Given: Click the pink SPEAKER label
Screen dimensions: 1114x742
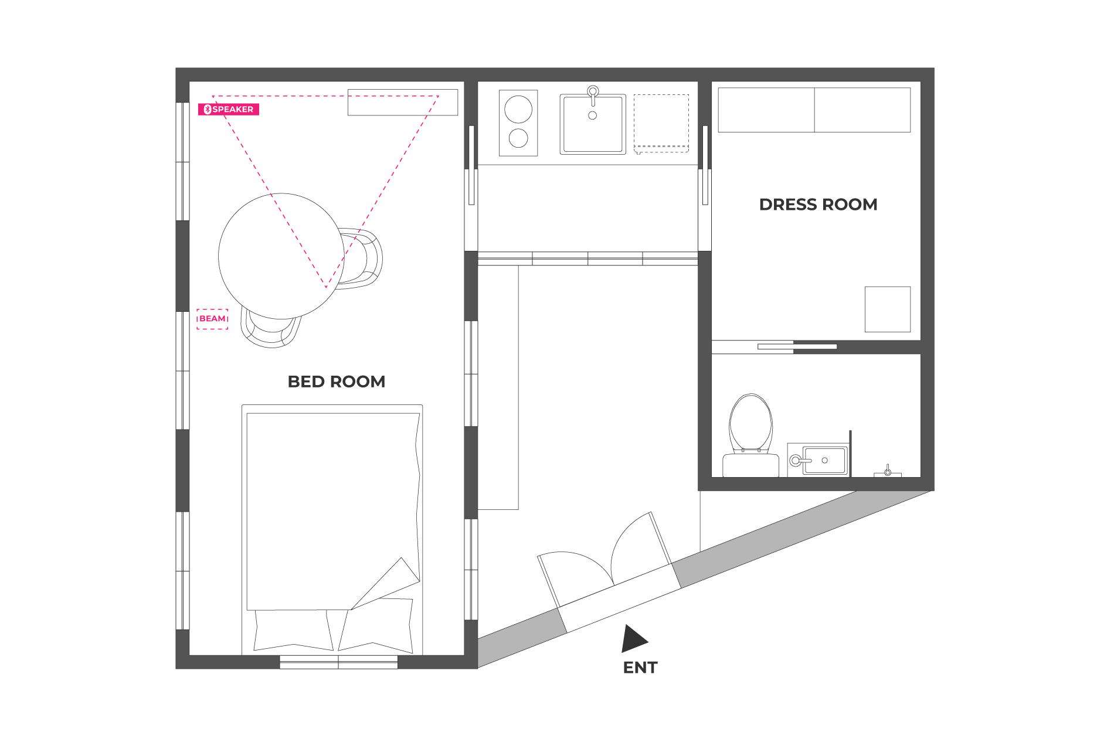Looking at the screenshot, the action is click(229, 110).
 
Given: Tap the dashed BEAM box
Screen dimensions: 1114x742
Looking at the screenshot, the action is click(212, 319).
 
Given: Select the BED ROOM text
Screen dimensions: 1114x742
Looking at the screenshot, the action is click(337, 382).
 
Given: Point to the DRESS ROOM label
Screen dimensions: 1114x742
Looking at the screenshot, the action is click(818, 205).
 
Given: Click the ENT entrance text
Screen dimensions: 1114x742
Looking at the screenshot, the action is click(640, 668).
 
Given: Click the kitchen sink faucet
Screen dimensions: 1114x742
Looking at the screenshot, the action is click(593, 95).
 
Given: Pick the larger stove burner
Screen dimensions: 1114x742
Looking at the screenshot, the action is click(518, 109).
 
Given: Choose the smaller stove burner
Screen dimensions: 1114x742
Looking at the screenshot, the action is click(518, 138).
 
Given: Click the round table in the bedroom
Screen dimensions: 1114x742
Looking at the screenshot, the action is click(281, 256).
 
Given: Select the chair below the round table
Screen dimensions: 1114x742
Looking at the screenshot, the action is click(270, 332).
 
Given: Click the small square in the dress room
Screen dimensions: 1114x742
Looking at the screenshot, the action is click(888, 309).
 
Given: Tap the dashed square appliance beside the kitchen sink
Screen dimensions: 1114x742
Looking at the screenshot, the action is click(661, 124).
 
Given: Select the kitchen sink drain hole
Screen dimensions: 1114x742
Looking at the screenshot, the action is click(592, 115).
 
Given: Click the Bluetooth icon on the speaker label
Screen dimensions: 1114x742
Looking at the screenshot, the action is click(207, 110).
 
